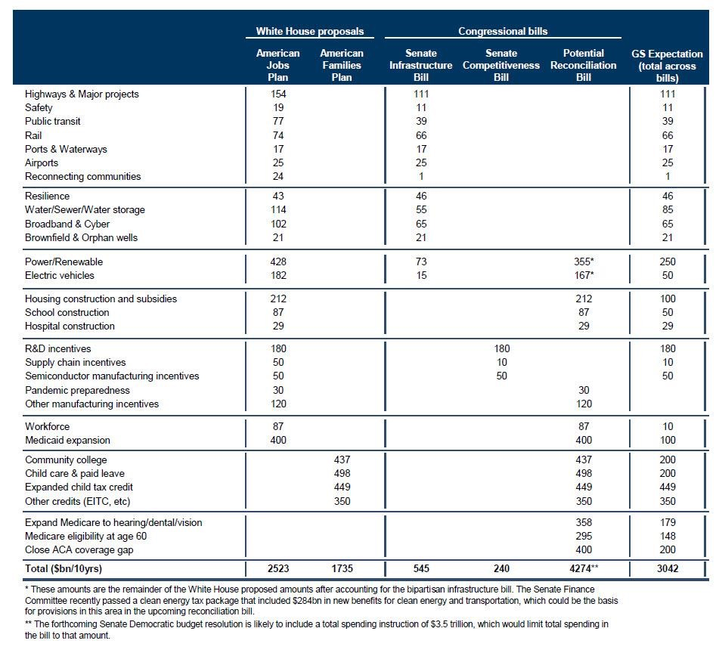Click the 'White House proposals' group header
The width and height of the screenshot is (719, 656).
[x=310, y=31]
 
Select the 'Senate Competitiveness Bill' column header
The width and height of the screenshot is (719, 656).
[x=501, y=65]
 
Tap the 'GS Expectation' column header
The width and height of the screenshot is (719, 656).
[x=667, y=66]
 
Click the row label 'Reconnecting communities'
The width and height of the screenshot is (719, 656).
[x=83, y=177]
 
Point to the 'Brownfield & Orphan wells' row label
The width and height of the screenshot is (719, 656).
[x=81, y=237]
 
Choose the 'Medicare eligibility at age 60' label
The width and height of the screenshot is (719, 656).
[x=85, y=536]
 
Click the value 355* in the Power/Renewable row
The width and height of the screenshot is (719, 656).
[x=584, y=261]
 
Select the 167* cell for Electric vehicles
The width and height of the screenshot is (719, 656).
[x=584, y=276]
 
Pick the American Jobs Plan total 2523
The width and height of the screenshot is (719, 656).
[x=278, y=568]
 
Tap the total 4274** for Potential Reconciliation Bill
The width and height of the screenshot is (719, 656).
[x=584, y=568]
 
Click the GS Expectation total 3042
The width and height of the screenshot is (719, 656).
[x=667, y=568]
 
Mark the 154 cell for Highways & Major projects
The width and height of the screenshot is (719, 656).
[x=278, y=94]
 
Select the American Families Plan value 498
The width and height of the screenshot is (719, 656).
[x=342, y=473]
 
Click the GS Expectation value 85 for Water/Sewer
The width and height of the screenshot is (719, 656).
[x=668, y=210]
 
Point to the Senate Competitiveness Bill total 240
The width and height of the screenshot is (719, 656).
[x=501, y=568]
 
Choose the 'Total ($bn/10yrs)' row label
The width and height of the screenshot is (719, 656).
[x=64, y=568]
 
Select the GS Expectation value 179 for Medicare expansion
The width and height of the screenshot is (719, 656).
[x=668, y=522]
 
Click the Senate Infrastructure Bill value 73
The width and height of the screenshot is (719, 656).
[x=421, y=261]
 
